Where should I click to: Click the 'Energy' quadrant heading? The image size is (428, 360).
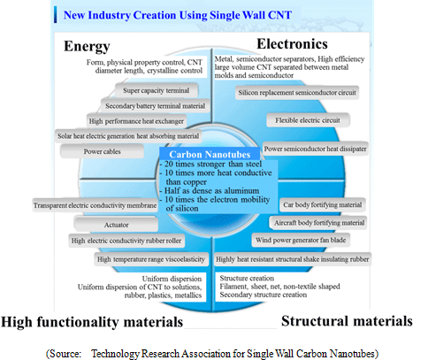(x=87, y=47)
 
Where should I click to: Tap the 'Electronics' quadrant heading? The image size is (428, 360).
(x=292, y=44)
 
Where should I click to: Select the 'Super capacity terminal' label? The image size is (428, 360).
(x=157, y=90)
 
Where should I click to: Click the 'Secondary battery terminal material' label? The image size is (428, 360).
(x=155, y=106)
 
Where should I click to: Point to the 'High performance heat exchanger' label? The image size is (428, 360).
(x=136, y=121)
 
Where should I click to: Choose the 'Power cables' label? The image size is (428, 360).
(x=102, y=151)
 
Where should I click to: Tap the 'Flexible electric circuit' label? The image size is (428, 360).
(x=308, y=120)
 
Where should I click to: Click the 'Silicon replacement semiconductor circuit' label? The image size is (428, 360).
(x=297, y=93)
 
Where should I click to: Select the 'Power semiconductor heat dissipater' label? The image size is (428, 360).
(x=315, y=149)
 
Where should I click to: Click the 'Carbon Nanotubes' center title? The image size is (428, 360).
(x=210, y=154)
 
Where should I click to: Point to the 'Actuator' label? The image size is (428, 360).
(x=116, y=225)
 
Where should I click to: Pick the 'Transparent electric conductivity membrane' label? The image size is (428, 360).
(x=95, y=205)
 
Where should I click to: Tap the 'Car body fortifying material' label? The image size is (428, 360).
(x=323, y=205)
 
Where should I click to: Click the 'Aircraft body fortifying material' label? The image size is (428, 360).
(x=319, y=223)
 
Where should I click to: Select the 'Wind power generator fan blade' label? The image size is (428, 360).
(x=301, y=240)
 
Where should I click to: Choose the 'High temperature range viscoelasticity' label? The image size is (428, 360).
(x=151, y=259)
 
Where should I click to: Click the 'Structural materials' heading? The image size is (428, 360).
(x=347, y=321)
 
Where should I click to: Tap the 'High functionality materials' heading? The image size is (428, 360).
(x=92, y=322)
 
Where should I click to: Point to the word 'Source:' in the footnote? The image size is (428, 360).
(x=64, y=354)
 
